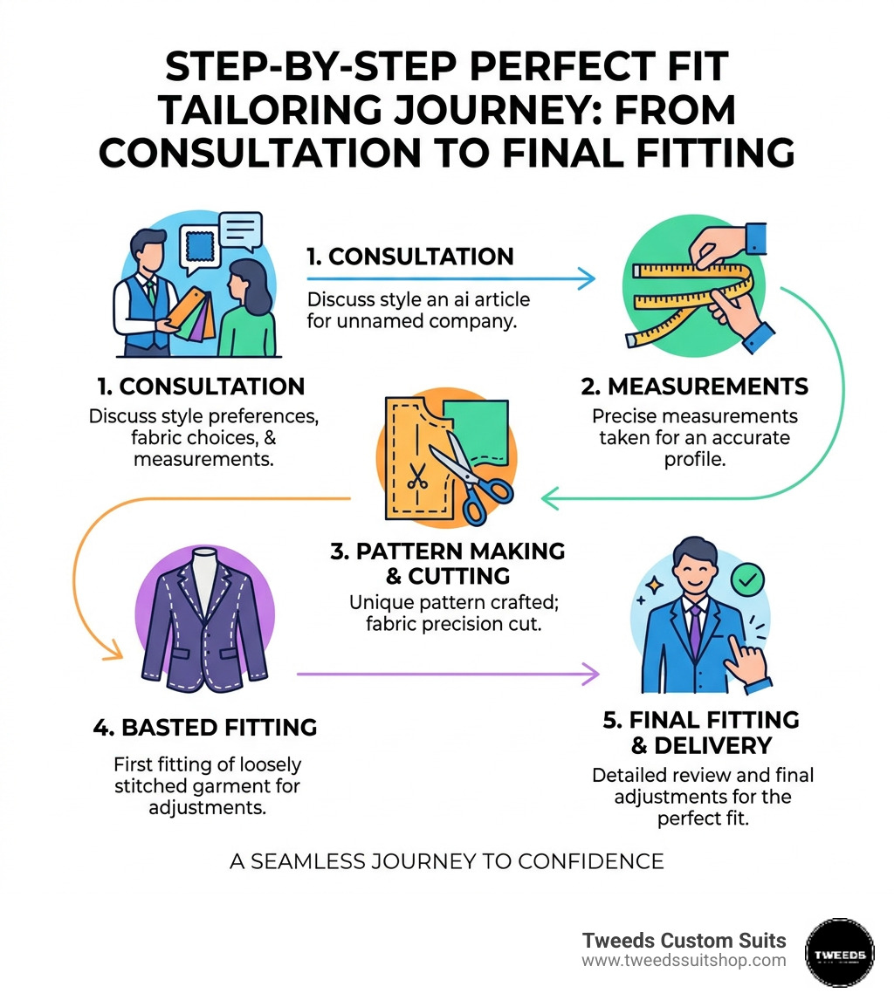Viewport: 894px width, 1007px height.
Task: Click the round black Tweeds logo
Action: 838,952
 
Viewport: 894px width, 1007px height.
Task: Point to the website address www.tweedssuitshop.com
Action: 684,960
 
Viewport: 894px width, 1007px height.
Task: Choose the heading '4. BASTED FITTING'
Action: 204,727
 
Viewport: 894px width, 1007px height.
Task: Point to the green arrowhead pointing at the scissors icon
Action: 549,498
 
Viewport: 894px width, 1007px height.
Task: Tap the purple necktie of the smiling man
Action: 694,628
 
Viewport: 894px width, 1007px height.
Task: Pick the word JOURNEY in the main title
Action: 471,111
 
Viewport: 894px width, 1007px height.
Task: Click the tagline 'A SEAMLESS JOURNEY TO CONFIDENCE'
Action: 446,861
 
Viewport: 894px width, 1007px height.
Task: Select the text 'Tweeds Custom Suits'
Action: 684,940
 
